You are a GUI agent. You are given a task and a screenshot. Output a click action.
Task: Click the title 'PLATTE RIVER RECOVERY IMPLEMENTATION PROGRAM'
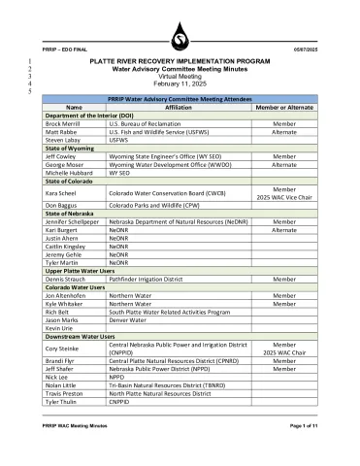pos(180,61)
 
